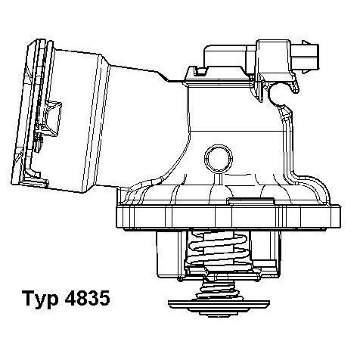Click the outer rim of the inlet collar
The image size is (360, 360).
click(x=26, y=113)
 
